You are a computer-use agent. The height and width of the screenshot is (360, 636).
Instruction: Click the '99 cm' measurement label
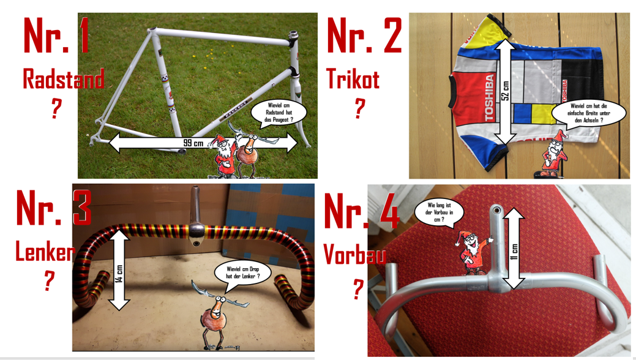[x=193, y=143]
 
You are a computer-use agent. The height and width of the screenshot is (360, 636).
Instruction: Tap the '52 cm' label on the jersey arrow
[x=506, y=91]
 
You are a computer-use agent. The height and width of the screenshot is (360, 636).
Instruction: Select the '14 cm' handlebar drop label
[x=119, y=274]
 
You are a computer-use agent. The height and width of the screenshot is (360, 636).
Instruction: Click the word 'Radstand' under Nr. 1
[x=63, y=79]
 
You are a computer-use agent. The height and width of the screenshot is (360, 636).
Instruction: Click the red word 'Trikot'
[x=353, y=79]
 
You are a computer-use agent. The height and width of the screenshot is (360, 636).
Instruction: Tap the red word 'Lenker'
[x=45, y=251]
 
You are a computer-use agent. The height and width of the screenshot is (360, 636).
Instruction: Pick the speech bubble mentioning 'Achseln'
[x=589, y=113]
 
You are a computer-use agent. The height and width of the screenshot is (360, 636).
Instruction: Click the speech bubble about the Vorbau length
[x=439, y=212]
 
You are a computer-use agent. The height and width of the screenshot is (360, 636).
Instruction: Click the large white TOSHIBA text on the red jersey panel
[x=489, y=97]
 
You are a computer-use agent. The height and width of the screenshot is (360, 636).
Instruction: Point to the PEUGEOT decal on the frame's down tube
[x=236, y=110]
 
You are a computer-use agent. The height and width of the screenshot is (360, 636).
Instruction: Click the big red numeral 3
[x=82, y=208]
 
